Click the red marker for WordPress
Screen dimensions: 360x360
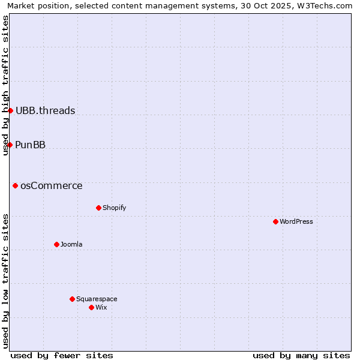pos(275,221)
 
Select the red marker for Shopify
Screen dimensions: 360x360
pos(98,208)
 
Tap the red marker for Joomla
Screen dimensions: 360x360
pos(56,244)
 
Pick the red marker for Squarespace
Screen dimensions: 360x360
pos(72,299)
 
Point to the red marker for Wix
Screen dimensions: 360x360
pos(91,307)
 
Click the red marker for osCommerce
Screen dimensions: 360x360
pos(15,185)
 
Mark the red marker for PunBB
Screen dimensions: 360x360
pos(10,145)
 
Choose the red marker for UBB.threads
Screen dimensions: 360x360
pos(10,110)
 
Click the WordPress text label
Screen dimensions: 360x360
pos(296,221)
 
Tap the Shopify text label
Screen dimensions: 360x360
pos(114,208)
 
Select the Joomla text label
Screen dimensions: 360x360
pos(71,244)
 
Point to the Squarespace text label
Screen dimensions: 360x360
pos(97,299)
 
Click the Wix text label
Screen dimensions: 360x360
pos(101,307)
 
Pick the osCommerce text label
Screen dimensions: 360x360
pos(52,185)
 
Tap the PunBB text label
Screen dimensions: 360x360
pos(31,145)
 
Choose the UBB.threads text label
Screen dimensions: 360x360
pos(46,110)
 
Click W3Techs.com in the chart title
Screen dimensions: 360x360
pos(325,6)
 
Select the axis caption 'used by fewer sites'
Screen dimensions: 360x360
pos(62,355)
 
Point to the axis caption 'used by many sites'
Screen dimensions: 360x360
pos(301,355)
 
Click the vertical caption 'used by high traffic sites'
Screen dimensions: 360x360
pos(6,85)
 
